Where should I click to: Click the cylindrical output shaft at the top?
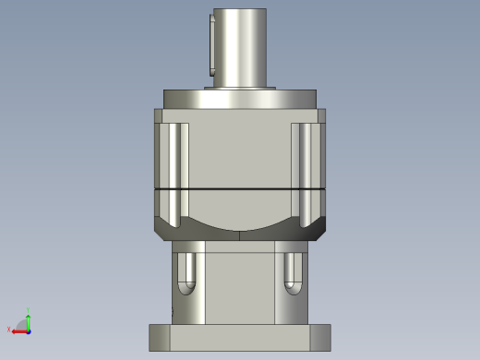coord(240,46)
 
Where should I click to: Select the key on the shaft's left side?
coord(211,46)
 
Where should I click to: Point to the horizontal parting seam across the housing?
coord(240,187)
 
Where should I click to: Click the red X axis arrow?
coord(18,330)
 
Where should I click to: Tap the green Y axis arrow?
coord(29,320)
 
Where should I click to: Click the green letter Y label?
coord(30,310)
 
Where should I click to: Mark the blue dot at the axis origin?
coord(29,330)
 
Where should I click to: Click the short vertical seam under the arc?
coord(240,235)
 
